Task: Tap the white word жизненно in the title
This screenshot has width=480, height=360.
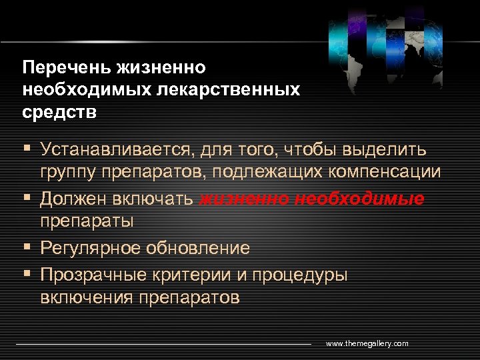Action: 161,68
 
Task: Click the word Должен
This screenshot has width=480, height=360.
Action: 72,199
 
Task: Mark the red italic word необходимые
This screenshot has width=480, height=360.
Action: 360,199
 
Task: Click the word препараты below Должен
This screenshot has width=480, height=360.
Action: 87,220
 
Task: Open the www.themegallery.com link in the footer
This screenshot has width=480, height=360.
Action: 367,343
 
